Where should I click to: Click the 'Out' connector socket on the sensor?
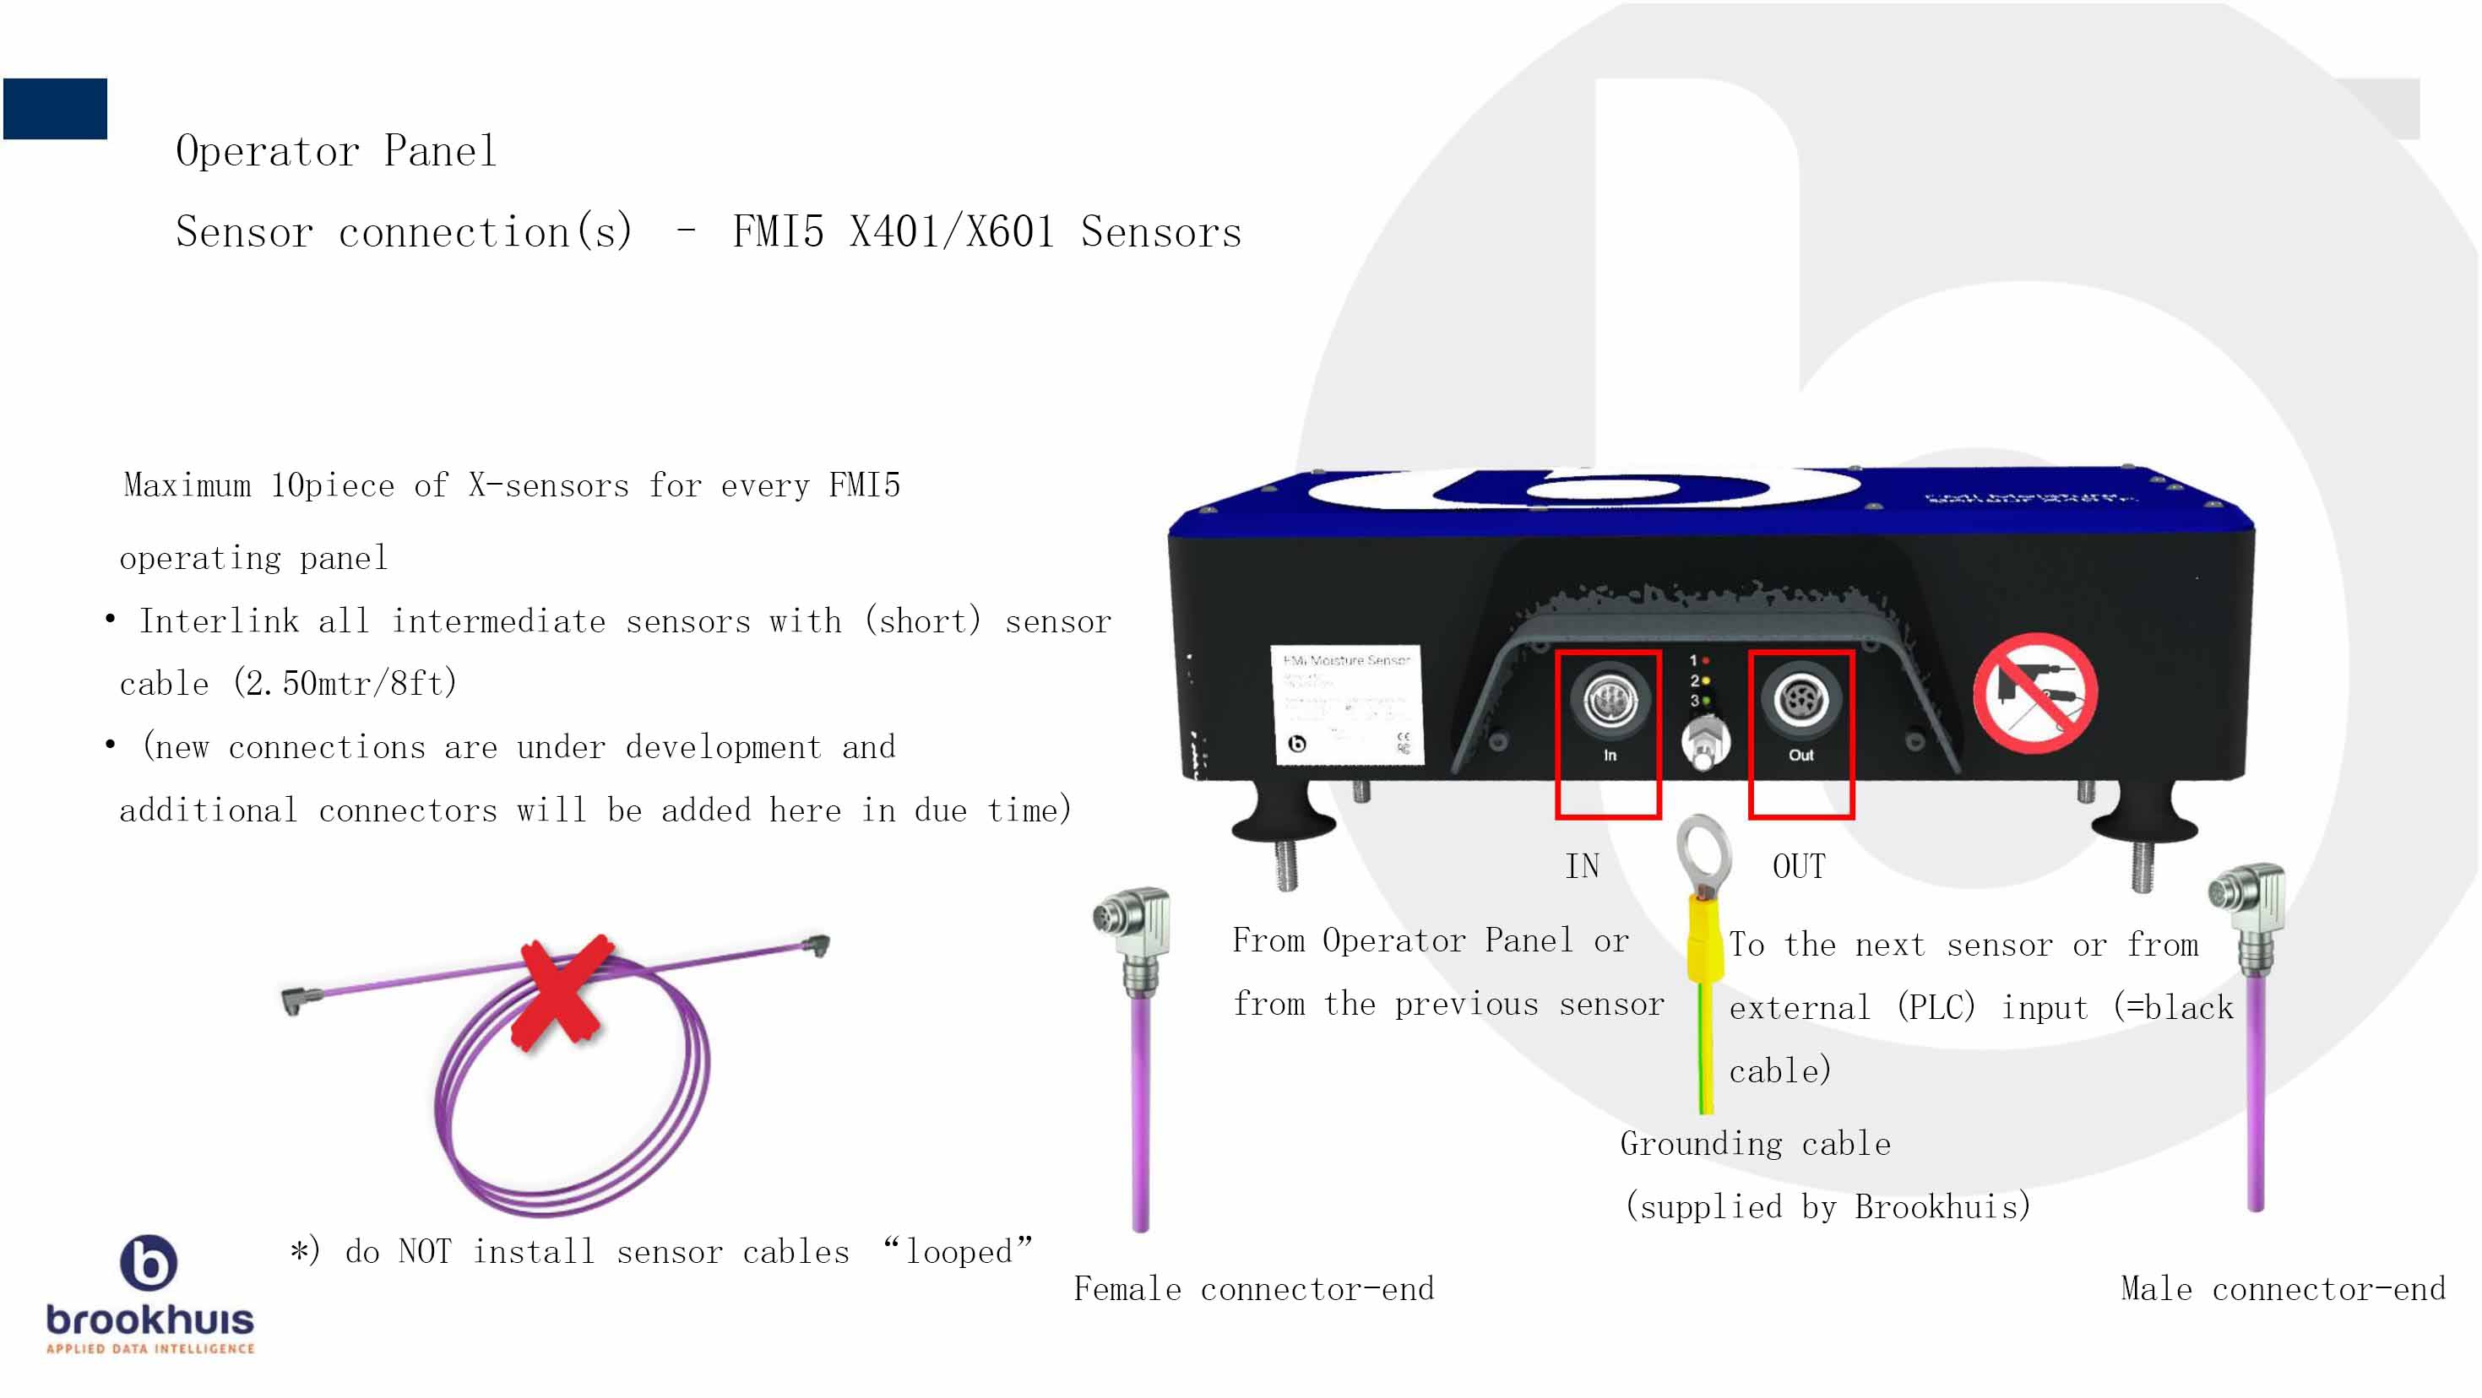point(1800,700)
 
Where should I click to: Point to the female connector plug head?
point(1133,920)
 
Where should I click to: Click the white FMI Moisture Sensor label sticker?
point(1348,704)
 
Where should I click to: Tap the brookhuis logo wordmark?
point(150,1319)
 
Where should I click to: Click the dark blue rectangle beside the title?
point(55,109)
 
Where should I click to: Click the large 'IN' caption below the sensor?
point(1582,866)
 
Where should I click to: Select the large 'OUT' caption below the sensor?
point(1799,866)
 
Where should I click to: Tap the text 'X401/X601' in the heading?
point(952,232)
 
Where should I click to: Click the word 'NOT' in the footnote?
point(424,1252)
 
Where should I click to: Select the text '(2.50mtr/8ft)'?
point(345,683)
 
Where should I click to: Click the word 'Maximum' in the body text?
point(187,485)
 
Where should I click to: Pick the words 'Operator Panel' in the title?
point(336,151)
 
